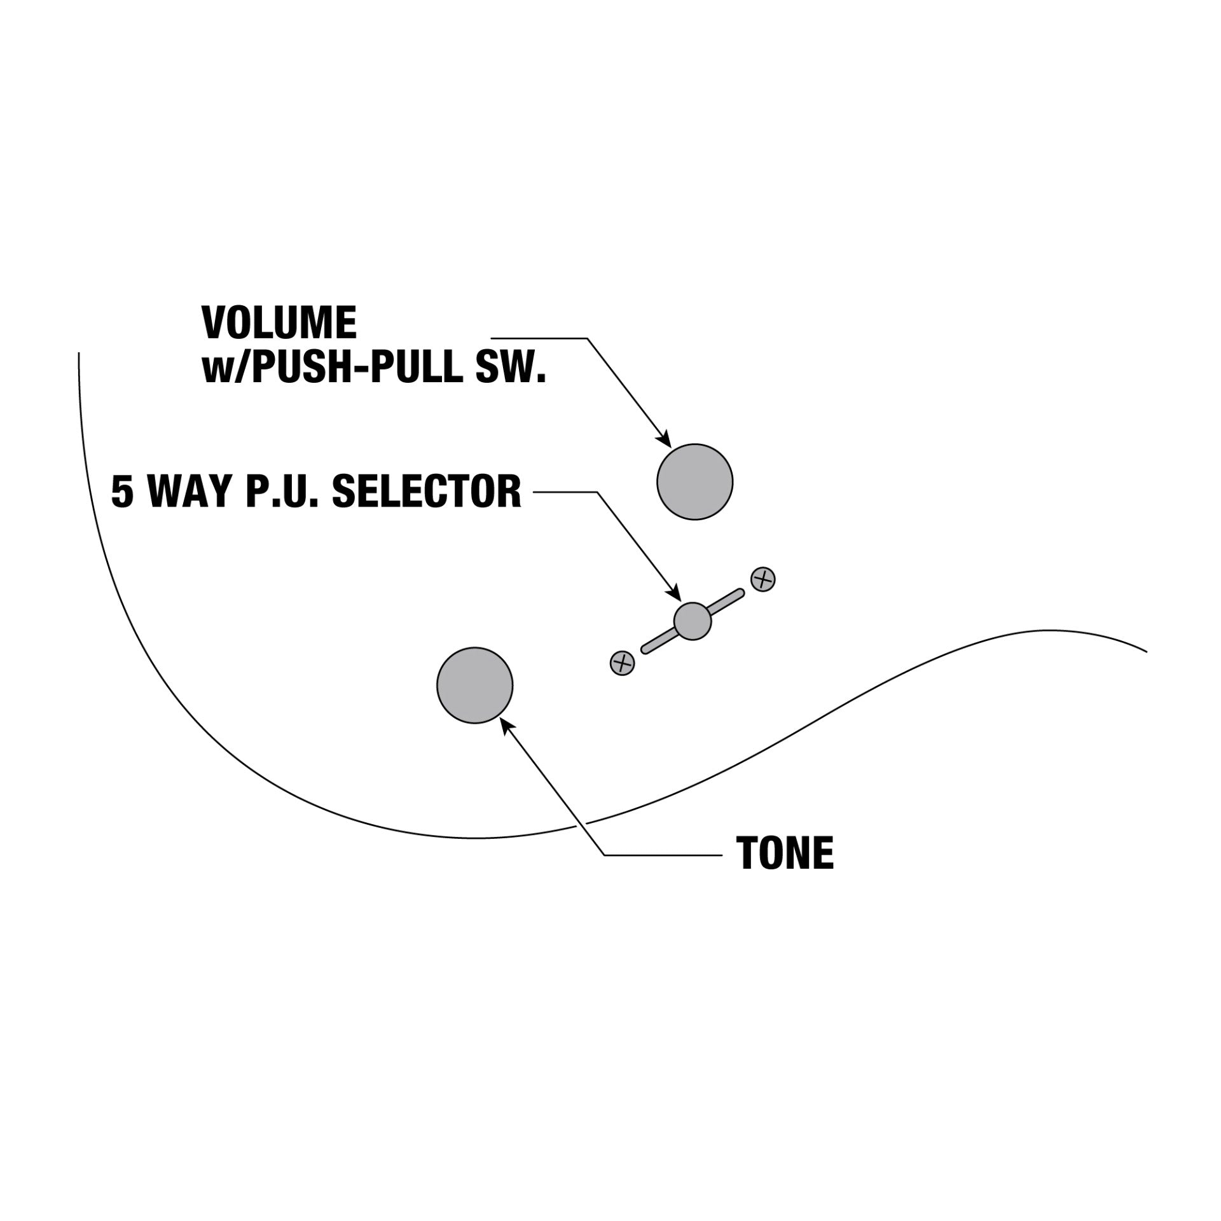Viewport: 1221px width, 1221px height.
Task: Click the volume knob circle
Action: point(694,482)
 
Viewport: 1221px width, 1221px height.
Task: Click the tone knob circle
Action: point(474,685)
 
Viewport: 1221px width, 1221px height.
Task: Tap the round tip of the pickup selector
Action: point(692,621)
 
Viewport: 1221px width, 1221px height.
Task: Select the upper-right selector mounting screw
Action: point(763,579)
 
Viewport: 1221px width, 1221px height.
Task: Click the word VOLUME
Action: point(279,322)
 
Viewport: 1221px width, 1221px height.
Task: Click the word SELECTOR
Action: point(427,492)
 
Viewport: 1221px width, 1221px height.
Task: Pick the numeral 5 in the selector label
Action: point(122,492)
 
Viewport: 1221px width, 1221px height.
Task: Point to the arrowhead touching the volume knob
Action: point(665,439)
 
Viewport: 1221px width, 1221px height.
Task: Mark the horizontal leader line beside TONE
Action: point(661,855)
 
